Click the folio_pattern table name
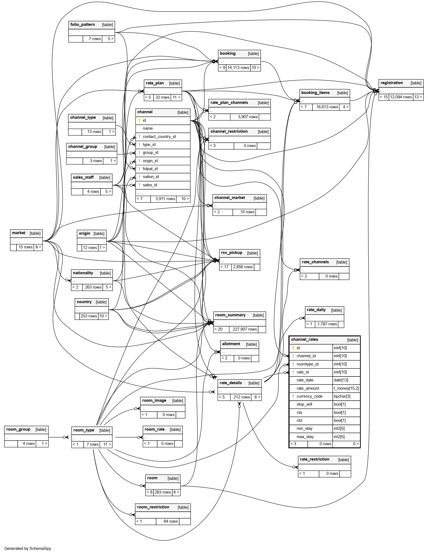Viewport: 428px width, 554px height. [83, 25]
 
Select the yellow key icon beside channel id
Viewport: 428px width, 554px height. [139, 120]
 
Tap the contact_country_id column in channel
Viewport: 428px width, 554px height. [159, 137]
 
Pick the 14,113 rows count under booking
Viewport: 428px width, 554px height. [238, 68]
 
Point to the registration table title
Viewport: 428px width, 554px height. [391, 83]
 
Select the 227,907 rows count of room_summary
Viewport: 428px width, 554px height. [245, 329]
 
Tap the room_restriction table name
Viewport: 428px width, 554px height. [153, 507]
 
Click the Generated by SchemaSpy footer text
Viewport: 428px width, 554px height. [28, 548]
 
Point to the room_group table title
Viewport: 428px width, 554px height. [18, 429]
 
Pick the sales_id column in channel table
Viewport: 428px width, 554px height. [150, 185]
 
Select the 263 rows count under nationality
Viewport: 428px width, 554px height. [93, 287]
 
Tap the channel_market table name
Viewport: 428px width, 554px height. [230, 198]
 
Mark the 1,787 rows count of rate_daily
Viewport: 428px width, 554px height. [327, 324]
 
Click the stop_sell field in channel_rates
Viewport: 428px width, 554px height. [304, 404]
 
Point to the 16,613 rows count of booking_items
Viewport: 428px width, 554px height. [327, 107]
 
